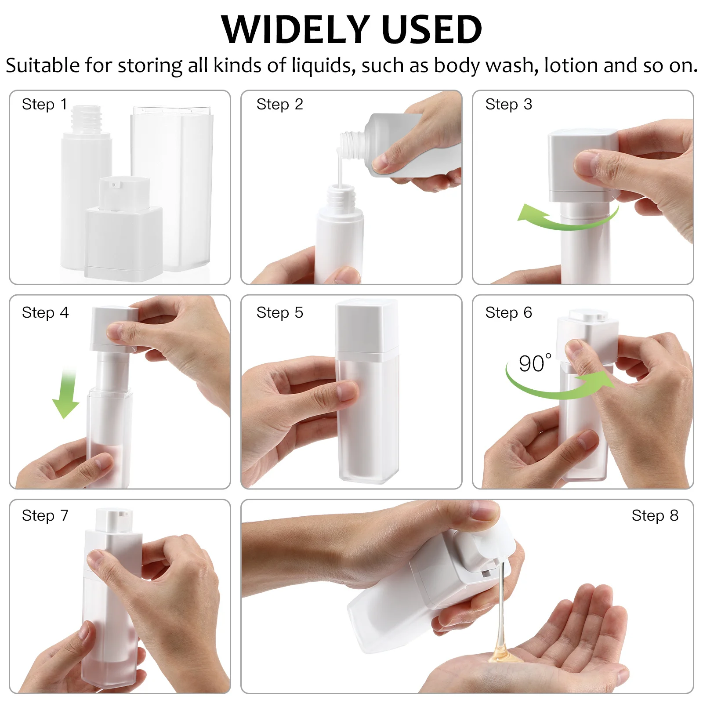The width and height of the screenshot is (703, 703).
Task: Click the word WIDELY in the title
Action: [x=295, y=29]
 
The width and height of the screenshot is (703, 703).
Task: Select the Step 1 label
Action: [x=44, y=105]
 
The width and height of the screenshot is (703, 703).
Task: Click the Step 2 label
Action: [x=279, y=105]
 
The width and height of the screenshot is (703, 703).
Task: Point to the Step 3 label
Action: [x=508, y=105]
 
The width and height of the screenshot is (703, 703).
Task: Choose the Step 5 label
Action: [x=279, y=312]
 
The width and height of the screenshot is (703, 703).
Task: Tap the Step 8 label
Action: [x=655, y=515]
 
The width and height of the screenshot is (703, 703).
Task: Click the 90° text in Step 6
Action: [x=535, y=363]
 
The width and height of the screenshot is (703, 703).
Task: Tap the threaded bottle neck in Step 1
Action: [x=87, y=119]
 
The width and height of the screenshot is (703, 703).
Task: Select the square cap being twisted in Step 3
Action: [x=582, y=165]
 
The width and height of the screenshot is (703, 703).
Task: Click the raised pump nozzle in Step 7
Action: [x=114, y=520]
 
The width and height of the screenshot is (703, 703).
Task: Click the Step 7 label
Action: [x=45, y=515]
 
